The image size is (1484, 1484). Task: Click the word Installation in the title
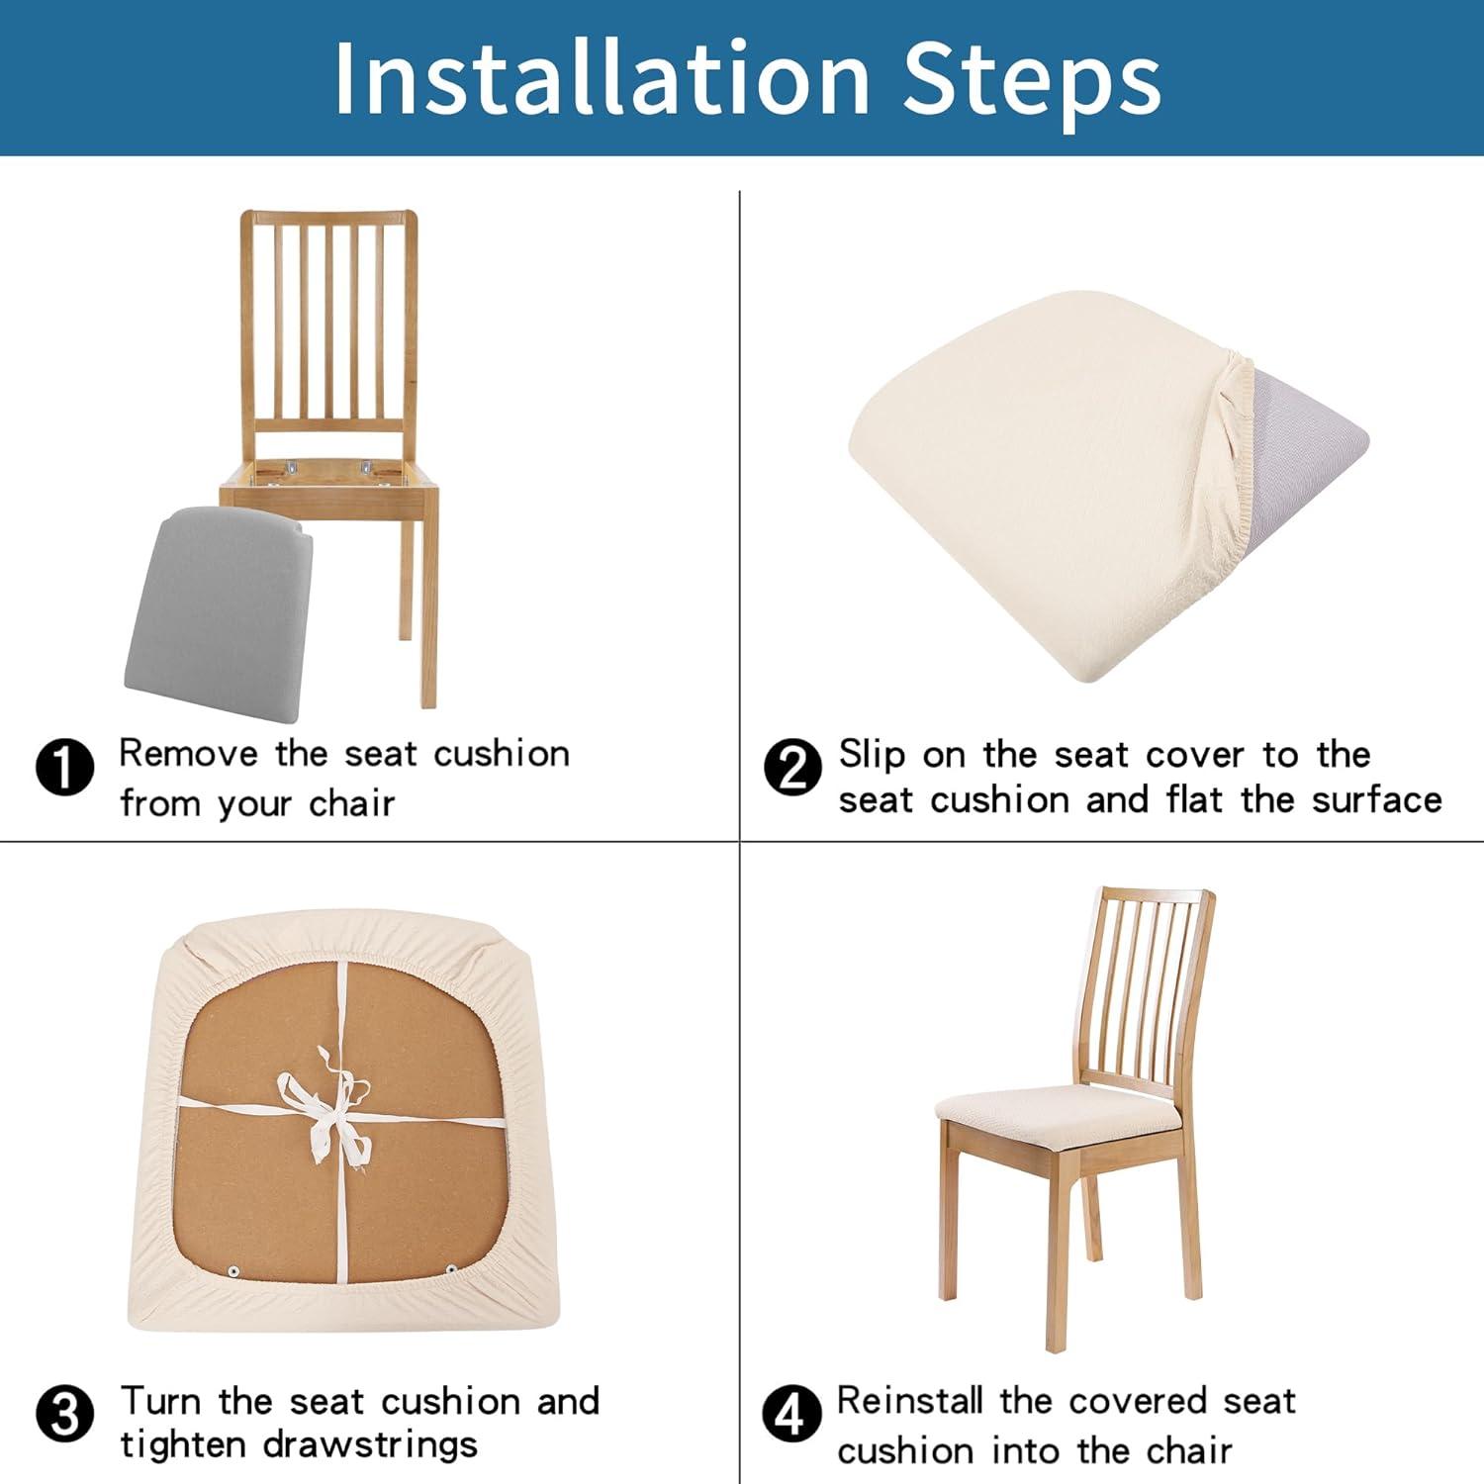click(602, 79)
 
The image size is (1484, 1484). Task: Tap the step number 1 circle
click(64, 767)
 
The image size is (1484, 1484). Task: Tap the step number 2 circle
click(792, 767)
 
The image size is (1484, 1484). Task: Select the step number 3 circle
click(64, 1415)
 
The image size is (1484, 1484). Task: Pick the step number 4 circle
click(790, 1415)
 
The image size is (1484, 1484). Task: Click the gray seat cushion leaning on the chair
click(216, 603)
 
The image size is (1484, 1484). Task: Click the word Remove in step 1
click(188, 754)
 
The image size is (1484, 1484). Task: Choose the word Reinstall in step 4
click(909, 1401)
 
